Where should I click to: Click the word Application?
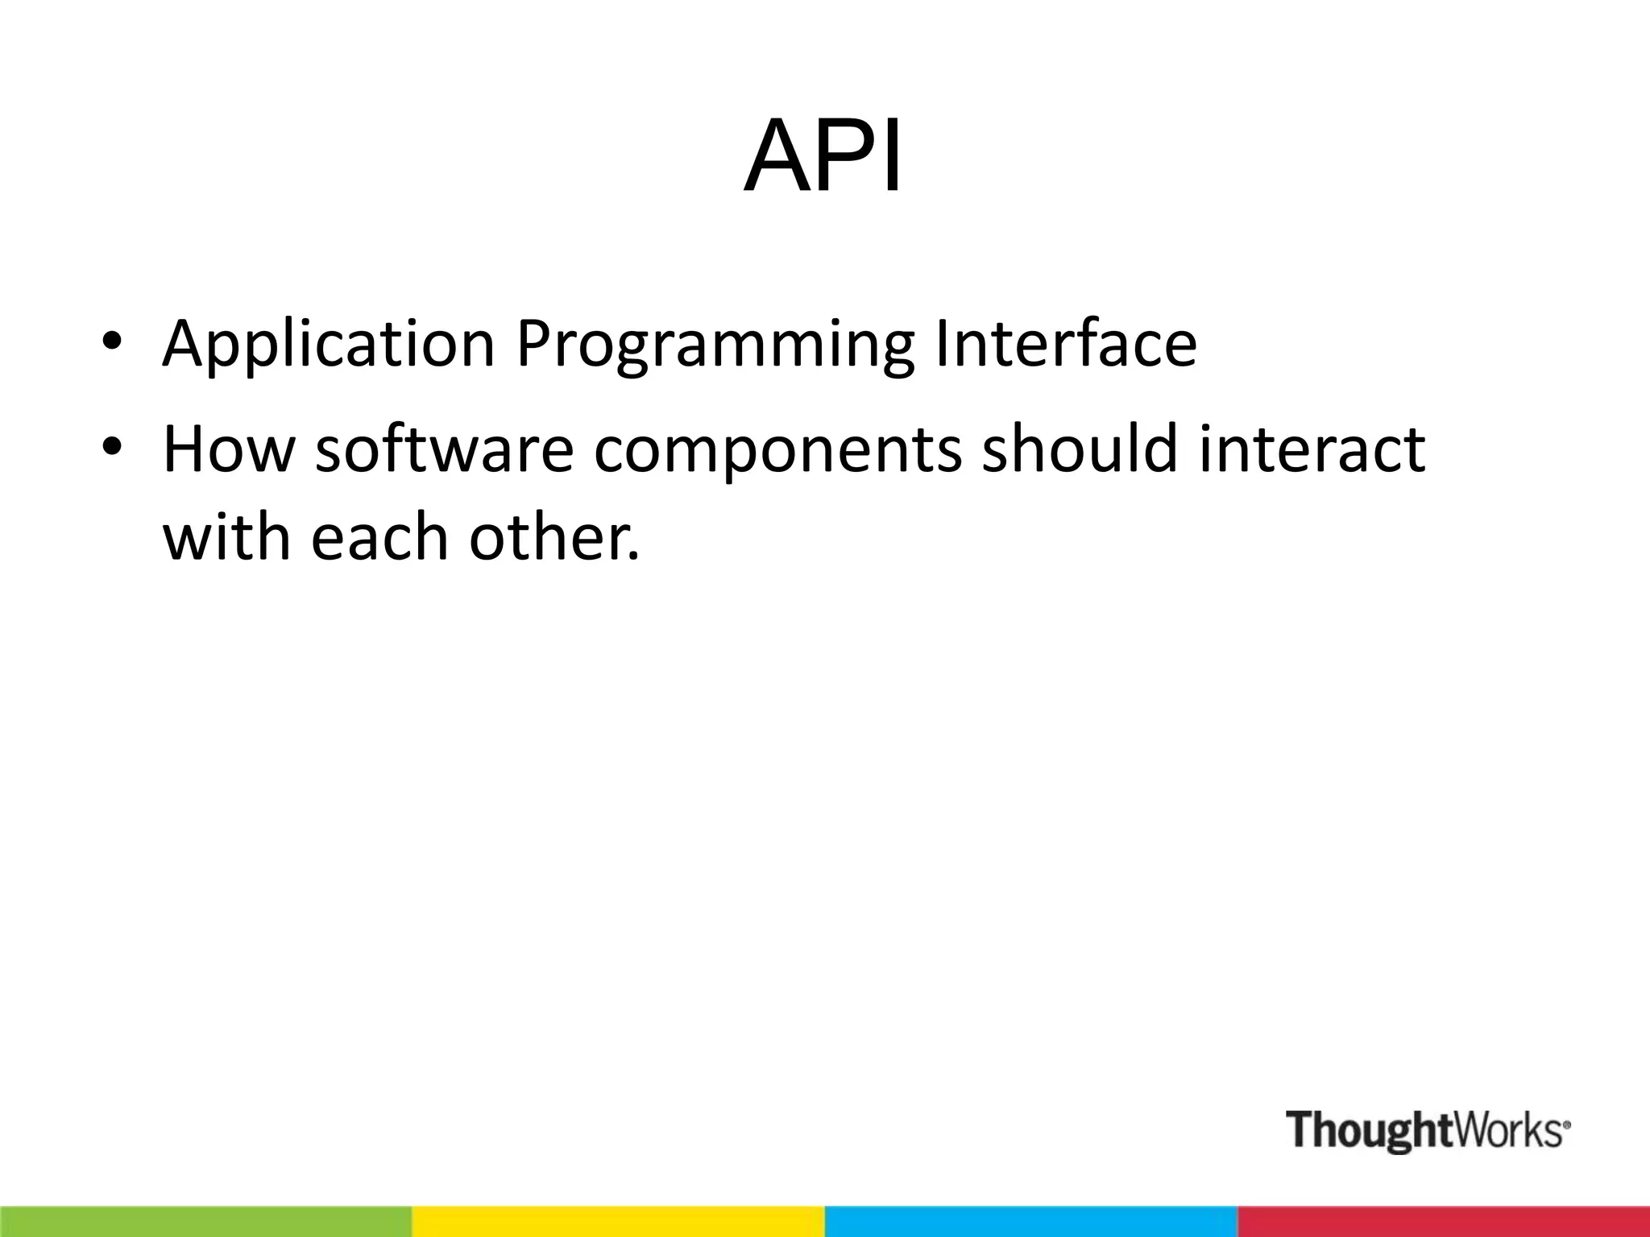(328, 345)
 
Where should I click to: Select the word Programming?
(715, 345)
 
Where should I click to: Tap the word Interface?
(1065, 343)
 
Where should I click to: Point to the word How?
(229, 449)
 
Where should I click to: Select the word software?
(444, 449)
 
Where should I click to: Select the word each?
(379, 537)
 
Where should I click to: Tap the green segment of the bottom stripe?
(205, 1221)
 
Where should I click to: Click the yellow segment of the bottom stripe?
(618, 1221)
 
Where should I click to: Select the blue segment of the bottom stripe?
(1030, 1221)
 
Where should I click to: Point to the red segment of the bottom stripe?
(1443, 1221)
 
